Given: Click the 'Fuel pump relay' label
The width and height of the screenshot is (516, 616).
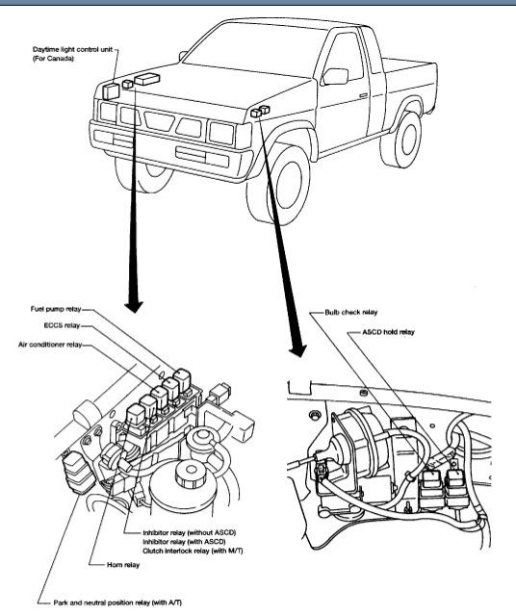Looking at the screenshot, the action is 56,309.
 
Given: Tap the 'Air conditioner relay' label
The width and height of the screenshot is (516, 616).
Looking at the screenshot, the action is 50,345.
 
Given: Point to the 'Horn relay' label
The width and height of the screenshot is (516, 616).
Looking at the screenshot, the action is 123,565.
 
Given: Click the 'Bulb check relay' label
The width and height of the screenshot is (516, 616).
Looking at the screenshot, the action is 351,312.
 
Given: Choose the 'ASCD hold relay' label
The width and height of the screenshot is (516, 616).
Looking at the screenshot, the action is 388,332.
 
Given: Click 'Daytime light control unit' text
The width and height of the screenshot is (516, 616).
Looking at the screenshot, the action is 73,49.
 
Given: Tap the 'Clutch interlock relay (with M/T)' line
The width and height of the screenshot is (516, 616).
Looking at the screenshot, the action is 193,551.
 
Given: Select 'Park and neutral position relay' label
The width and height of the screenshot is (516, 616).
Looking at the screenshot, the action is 117,603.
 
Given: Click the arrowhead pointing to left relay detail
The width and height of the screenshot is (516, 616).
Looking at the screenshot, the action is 134,307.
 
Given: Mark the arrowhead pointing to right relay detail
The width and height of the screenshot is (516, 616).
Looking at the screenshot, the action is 298,349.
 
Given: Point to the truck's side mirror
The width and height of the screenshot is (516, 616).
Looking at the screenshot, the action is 335,76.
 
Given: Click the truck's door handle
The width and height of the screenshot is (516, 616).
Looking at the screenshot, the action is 364,95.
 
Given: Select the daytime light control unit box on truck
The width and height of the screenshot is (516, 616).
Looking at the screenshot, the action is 111,91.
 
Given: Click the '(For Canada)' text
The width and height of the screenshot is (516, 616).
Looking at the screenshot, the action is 54,59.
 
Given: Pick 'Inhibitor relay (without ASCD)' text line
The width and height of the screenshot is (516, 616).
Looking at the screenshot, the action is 190,532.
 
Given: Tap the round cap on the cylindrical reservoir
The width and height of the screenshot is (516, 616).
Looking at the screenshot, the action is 191,471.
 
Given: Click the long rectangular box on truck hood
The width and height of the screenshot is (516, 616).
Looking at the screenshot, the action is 147,78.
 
